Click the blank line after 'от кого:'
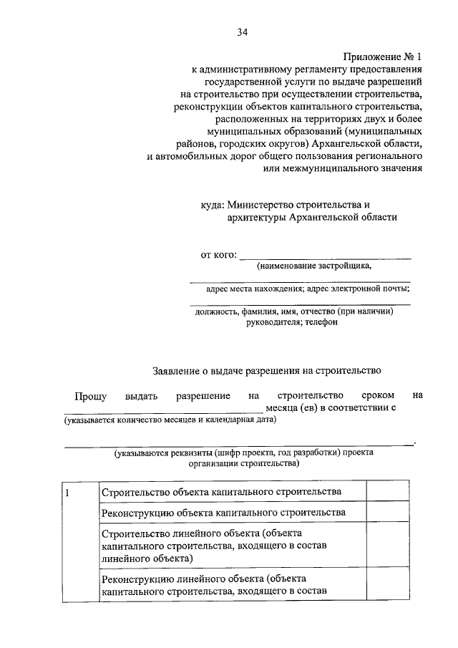point(325,256)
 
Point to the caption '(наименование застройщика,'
point(314,266)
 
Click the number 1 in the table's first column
point(67,492)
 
